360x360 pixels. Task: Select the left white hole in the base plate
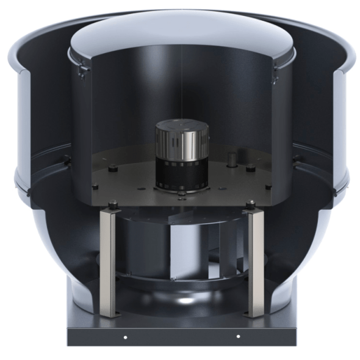pyautogui.click(x=124, y=337)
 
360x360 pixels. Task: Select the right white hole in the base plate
pyautogui.click(x=237, y=337)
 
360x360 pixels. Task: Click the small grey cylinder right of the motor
pyautogui.click(x=232, y=160)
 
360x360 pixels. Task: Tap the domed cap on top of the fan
pyautogui.click(x=182, y=37)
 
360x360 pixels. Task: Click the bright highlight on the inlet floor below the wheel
pyautogui.click(x=183, y=302)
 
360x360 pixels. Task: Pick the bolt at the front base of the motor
pyautogui.click(x=181, y=195)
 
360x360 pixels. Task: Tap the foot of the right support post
pyautogui.click(x=253, y=315)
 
